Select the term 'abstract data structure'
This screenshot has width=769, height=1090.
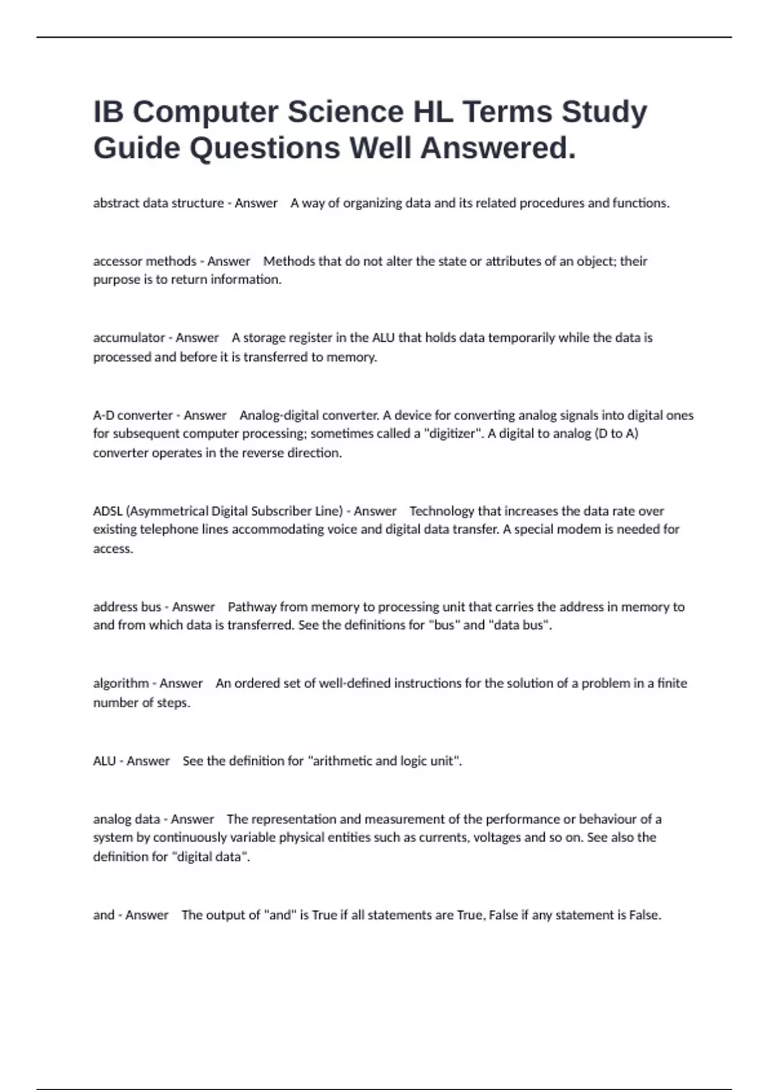tap(158, 203)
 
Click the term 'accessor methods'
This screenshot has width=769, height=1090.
tap(145, 261)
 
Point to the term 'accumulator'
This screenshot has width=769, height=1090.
tap(129, 337)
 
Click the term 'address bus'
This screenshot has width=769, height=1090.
tap(127, 607)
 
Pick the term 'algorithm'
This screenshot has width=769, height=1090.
tap(120, 683)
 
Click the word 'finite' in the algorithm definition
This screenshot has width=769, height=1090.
tap(672, 683)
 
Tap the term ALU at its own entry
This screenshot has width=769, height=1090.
tap(104, 761)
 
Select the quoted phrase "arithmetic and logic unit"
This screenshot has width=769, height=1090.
tap(384, 761)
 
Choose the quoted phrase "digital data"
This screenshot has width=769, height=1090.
tap(211, 857)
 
